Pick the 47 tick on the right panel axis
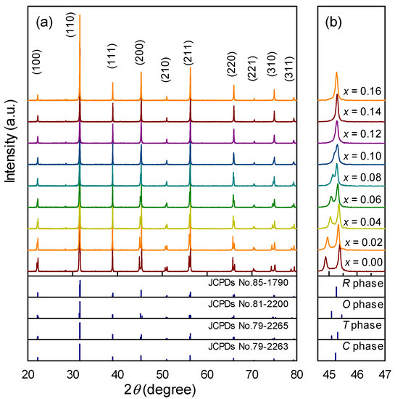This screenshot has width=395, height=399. point(384,373)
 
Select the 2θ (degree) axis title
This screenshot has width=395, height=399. point(163,390)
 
